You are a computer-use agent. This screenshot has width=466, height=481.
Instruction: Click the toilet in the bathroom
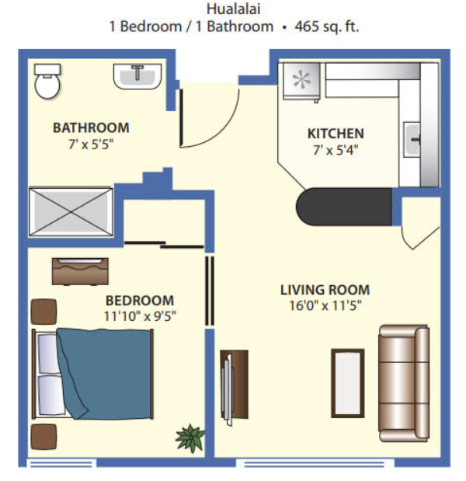pos(47,81)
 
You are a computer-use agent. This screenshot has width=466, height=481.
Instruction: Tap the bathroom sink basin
pos(137,76)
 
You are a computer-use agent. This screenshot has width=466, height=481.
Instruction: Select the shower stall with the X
pos(71,211)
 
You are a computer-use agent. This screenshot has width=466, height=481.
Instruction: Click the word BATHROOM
pos(91,128)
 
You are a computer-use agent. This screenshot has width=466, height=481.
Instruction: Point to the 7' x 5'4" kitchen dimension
pos(336,150)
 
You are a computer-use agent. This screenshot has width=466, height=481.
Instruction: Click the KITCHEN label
pos(336,134)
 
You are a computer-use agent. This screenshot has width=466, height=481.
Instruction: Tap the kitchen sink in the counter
pos(412,140)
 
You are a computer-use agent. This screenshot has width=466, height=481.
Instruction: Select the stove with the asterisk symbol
pos(301,82)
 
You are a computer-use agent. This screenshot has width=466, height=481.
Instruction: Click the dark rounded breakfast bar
pos(343,207)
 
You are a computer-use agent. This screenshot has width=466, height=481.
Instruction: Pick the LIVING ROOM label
pos(325,290)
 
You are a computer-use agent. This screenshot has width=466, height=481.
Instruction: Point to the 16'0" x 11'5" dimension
pos(325,306)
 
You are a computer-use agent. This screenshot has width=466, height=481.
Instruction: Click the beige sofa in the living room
pos(404,383)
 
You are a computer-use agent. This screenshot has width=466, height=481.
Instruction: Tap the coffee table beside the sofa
pos(348,383)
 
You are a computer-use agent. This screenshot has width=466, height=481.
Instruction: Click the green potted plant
pos(190,438)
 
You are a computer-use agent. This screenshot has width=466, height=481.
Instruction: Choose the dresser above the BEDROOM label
pos(80,271)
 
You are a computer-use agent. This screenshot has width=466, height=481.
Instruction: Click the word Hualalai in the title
pos(233,9)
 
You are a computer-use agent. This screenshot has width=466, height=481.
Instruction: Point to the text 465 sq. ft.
pos(327,26)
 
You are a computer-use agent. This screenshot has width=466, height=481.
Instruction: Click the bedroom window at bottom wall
pos(61,463)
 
